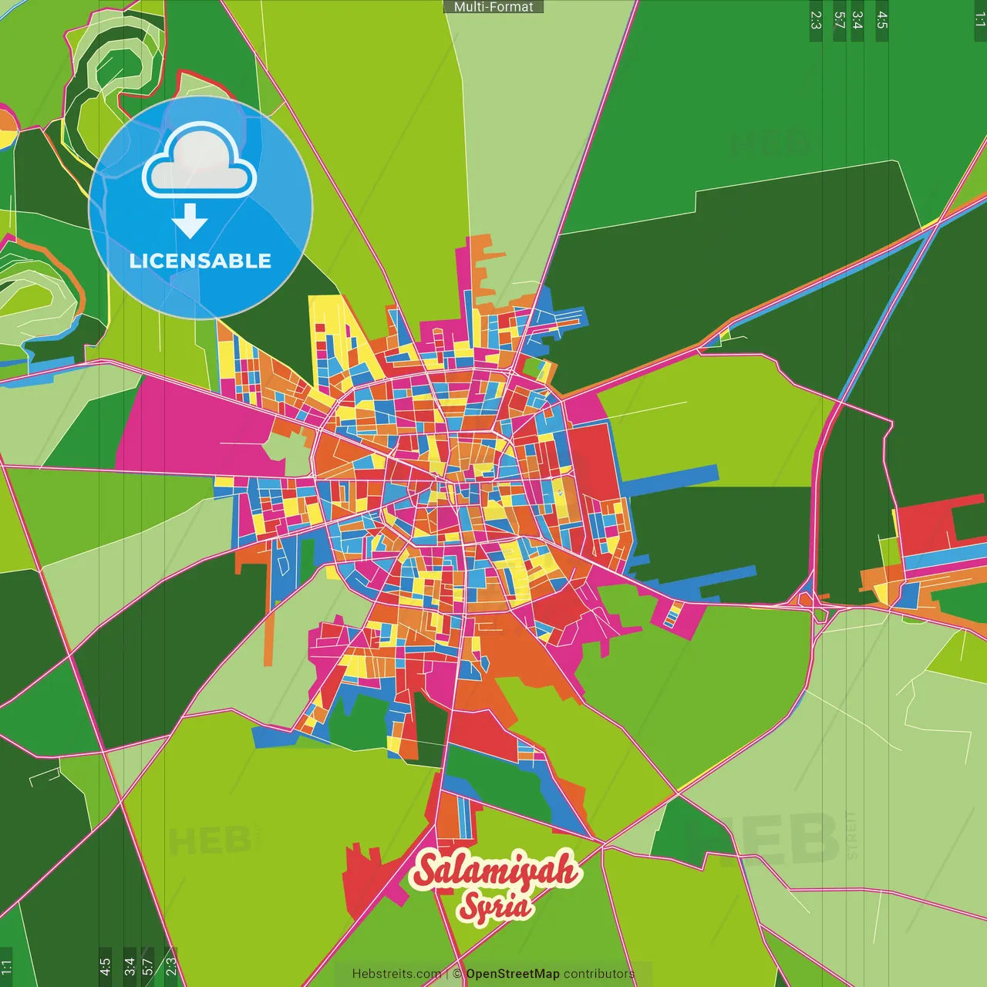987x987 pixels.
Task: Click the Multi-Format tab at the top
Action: click(493, 7)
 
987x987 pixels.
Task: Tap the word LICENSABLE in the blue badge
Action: click(200, 261)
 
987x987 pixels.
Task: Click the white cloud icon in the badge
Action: click(200, 163)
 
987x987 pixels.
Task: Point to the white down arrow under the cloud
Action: click(190, 221)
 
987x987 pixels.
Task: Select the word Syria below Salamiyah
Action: click(495, 906)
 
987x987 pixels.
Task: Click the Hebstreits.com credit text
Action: click(396, 974)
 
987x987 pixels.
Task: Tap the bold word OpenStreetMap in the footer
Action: click(513, 974)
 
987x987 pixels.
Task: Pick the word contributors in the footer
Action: click(599, 974)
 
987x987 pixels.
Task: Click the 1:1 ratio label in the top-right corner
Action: click(980, 19)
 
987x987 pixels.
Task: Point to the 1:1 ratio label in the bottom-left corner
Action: click(6, 967)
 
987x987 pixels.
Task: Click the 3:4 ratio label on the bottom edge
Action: click(130, 966)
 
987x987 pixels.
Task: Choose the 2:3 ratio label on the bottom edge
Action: click(171, 966)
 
